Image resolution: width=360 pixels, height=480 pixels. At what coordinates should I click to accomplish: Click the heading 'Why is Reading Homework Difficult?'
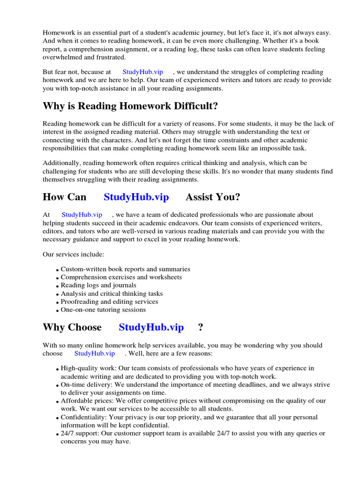[x=130, y=106]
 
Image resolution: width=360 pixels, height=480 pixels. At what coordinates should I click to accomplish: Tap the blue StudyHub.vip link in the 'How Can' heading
[x=136, y=197]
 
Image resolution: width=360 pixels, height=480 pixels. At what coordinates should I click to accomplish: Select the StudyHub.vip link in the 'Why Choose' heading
[x=151, y=327]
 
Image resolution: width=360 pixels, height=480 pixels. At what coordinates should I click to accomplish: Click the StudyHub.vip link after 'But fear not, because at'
[x=142, y=72]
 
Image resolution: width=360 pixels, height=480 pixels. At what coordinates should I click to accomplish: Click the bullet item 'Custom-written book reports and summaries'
[x=125, y=269]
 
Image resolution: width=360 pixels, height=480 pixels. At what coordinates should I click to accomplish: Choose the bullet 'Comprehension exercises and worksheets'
[x=121, y=277]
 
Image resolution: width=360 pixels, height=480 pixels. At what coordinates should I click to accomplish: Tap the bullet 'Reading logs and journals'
[x=98, y=285]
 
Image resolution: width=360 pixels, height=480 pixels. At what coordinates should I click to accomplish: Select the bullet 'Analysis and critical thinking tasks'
[x=112, y=293]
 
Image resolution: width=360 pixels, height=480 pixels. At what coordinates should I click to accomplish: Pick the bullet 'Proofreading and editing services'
[x=109, y=301]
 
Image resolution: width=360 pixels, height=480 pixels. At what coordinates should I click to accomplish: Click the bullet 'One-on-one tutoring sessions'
[x=103, y=309]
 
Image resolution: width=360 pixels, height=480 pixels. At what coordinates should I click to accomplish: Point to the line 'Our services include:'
[x=73, y=254]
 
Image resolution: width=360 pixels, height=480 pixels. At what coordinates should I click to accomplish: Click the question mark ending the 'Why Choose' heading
[x=201, y=327]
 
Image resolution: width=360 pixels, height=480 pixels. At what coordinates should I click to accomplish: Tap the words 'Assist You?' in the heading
[x=213, y=197]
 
